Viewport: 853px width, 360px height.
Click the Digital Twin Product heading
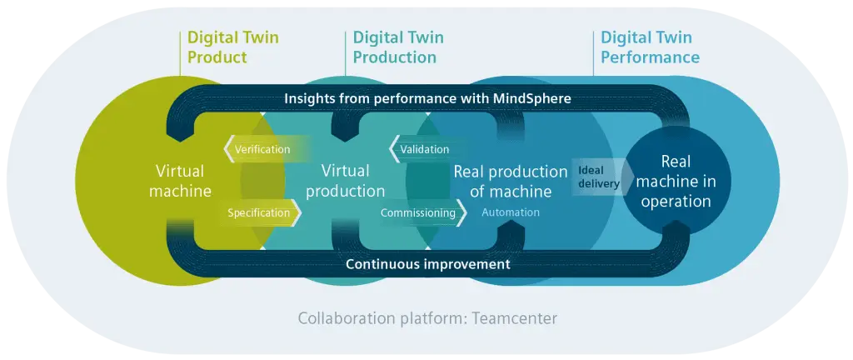232,47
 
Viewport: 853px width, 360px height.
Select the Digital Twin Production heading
398,47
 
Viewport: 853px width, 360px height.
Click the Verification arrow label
262,149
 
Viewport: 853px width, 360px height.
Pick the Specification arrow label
259,212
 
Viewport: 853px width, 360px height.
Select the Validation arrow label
424,149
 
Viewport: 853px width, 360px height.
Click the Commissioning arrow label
419,212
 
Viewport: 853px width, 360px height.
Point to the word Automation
510,212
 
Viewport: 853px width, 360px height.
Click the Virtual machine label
180,181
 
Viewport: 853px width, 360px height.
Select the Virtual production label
345,181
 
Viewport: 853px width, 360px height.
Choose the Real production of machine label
510,181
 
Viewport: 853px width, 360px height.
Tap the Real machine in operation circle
675,181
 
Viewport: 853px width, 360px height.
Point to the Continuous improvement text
427,264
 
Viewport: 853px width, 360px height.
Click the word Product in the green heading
217,57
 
